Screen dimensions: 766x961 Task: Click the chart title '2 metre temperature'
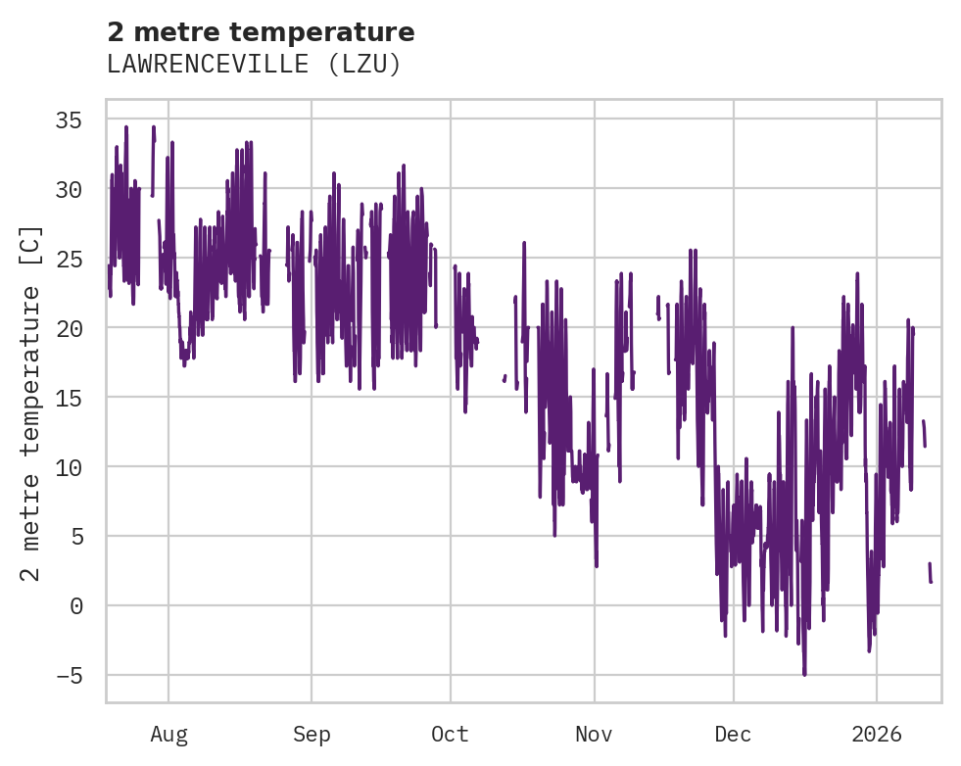(x=261, y=32)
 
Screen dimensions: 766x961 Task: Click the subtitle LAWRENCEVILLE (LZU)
(x=254, y=64)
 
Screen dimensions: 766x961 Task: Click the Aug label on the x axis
(x=168, y=735)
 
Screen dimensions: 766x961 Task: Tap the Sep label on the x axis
(x=312, y=735)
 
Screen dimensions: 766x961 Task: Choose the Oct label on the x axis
(x=451, y=735)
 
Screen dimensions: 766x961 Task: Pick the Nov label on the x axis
(x=594, y=735)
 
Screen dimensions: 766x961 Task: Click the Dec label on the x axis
(x=733, y=735)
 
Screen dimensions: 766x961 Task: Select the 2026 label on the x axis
(x=876, y=735)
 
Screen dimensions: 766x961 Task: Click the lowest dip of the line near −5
(x=804, y=673)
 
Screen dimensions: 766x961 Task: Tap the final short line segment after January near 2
(x=931, y=573)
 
